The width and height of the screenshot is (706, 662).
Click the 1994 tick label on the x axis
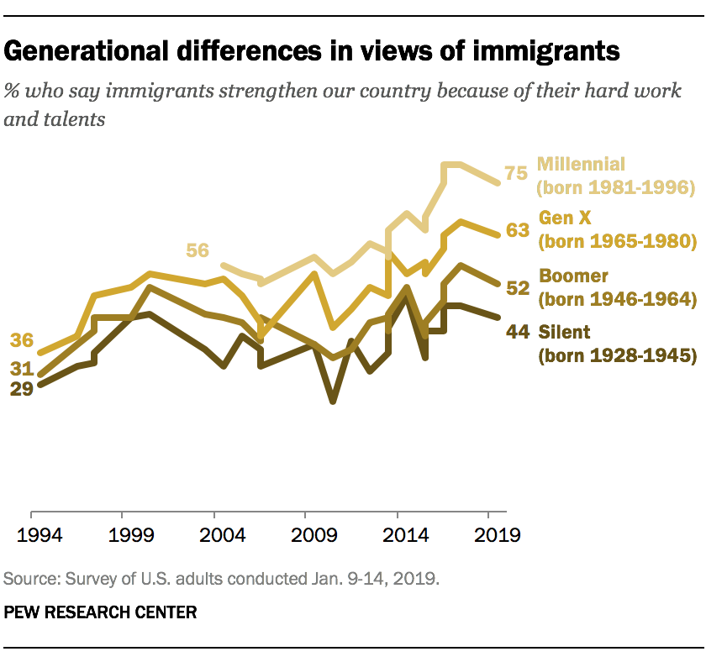point(31,536)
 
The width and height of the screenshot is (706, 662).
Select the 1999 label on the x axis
point(123,536)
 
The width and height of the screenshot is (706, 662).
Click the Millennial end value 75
point(515,174)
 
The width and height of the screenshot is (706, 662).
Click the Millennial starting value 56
point(198,250)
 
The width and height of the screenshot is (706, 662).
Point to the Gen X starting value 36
point(22,340)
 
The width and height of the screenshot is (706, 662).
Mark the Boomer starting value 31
point(22,367)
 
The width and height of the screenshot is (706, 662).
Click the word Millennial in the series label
point(581,164)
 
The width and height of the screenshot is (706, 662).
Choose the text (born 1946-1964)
point(618,298)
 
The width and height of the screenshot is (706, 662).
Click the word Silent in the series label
point(564,332)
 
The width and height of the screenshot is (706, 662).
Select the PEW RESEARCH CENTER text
point(100,612)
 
